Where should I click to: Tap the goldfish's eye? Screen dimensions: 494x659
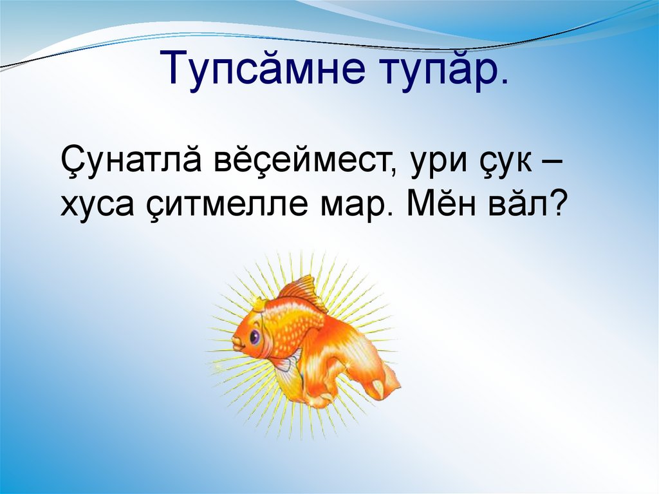coord(254,336)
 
